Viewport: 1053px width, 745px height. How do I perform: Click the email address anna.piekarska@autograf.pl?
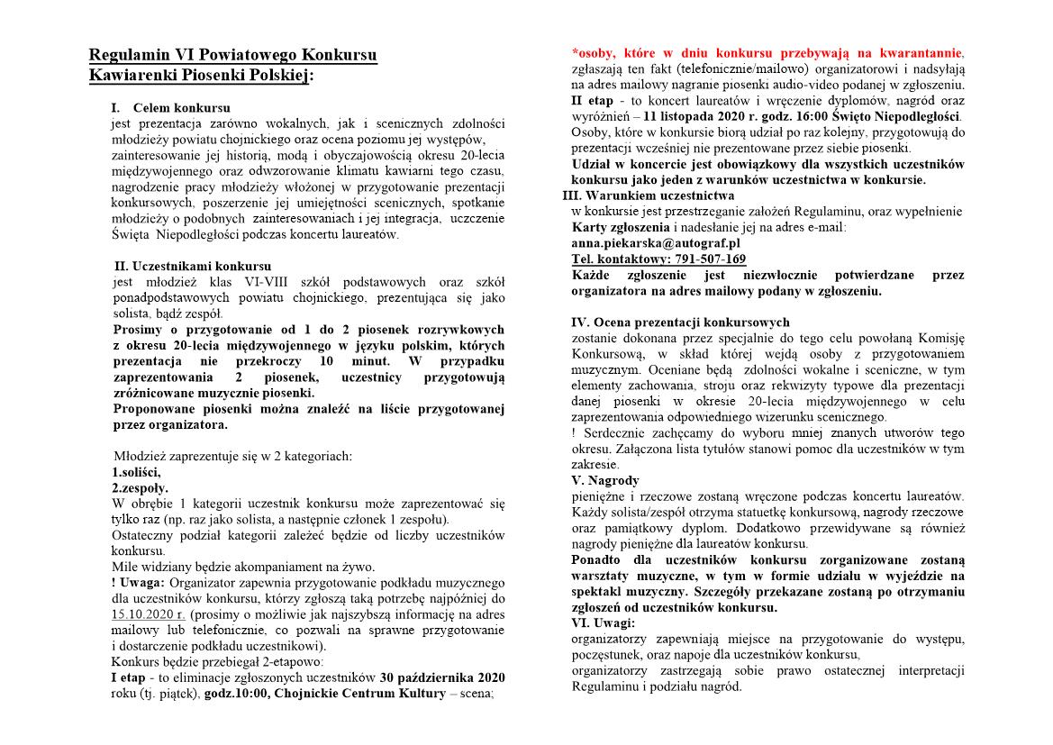coord(655,242)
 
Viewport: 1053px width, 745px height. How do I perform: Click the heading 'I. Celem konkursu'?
coord(170,108)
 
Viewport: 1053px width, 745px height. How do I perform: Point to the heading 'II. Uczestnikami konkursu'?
coord(193,266)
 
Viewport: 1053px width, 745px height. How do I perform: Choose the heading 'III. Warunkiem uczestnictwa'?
coord(648,195)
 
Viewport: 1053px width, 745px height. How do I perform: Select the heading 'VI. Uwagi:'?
coord(603,622)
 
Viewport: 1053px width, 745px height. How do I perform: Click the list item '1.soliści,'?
coord(136,471)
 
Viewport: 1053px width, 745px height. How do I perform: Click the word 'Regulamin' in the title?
coord(131,56)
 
